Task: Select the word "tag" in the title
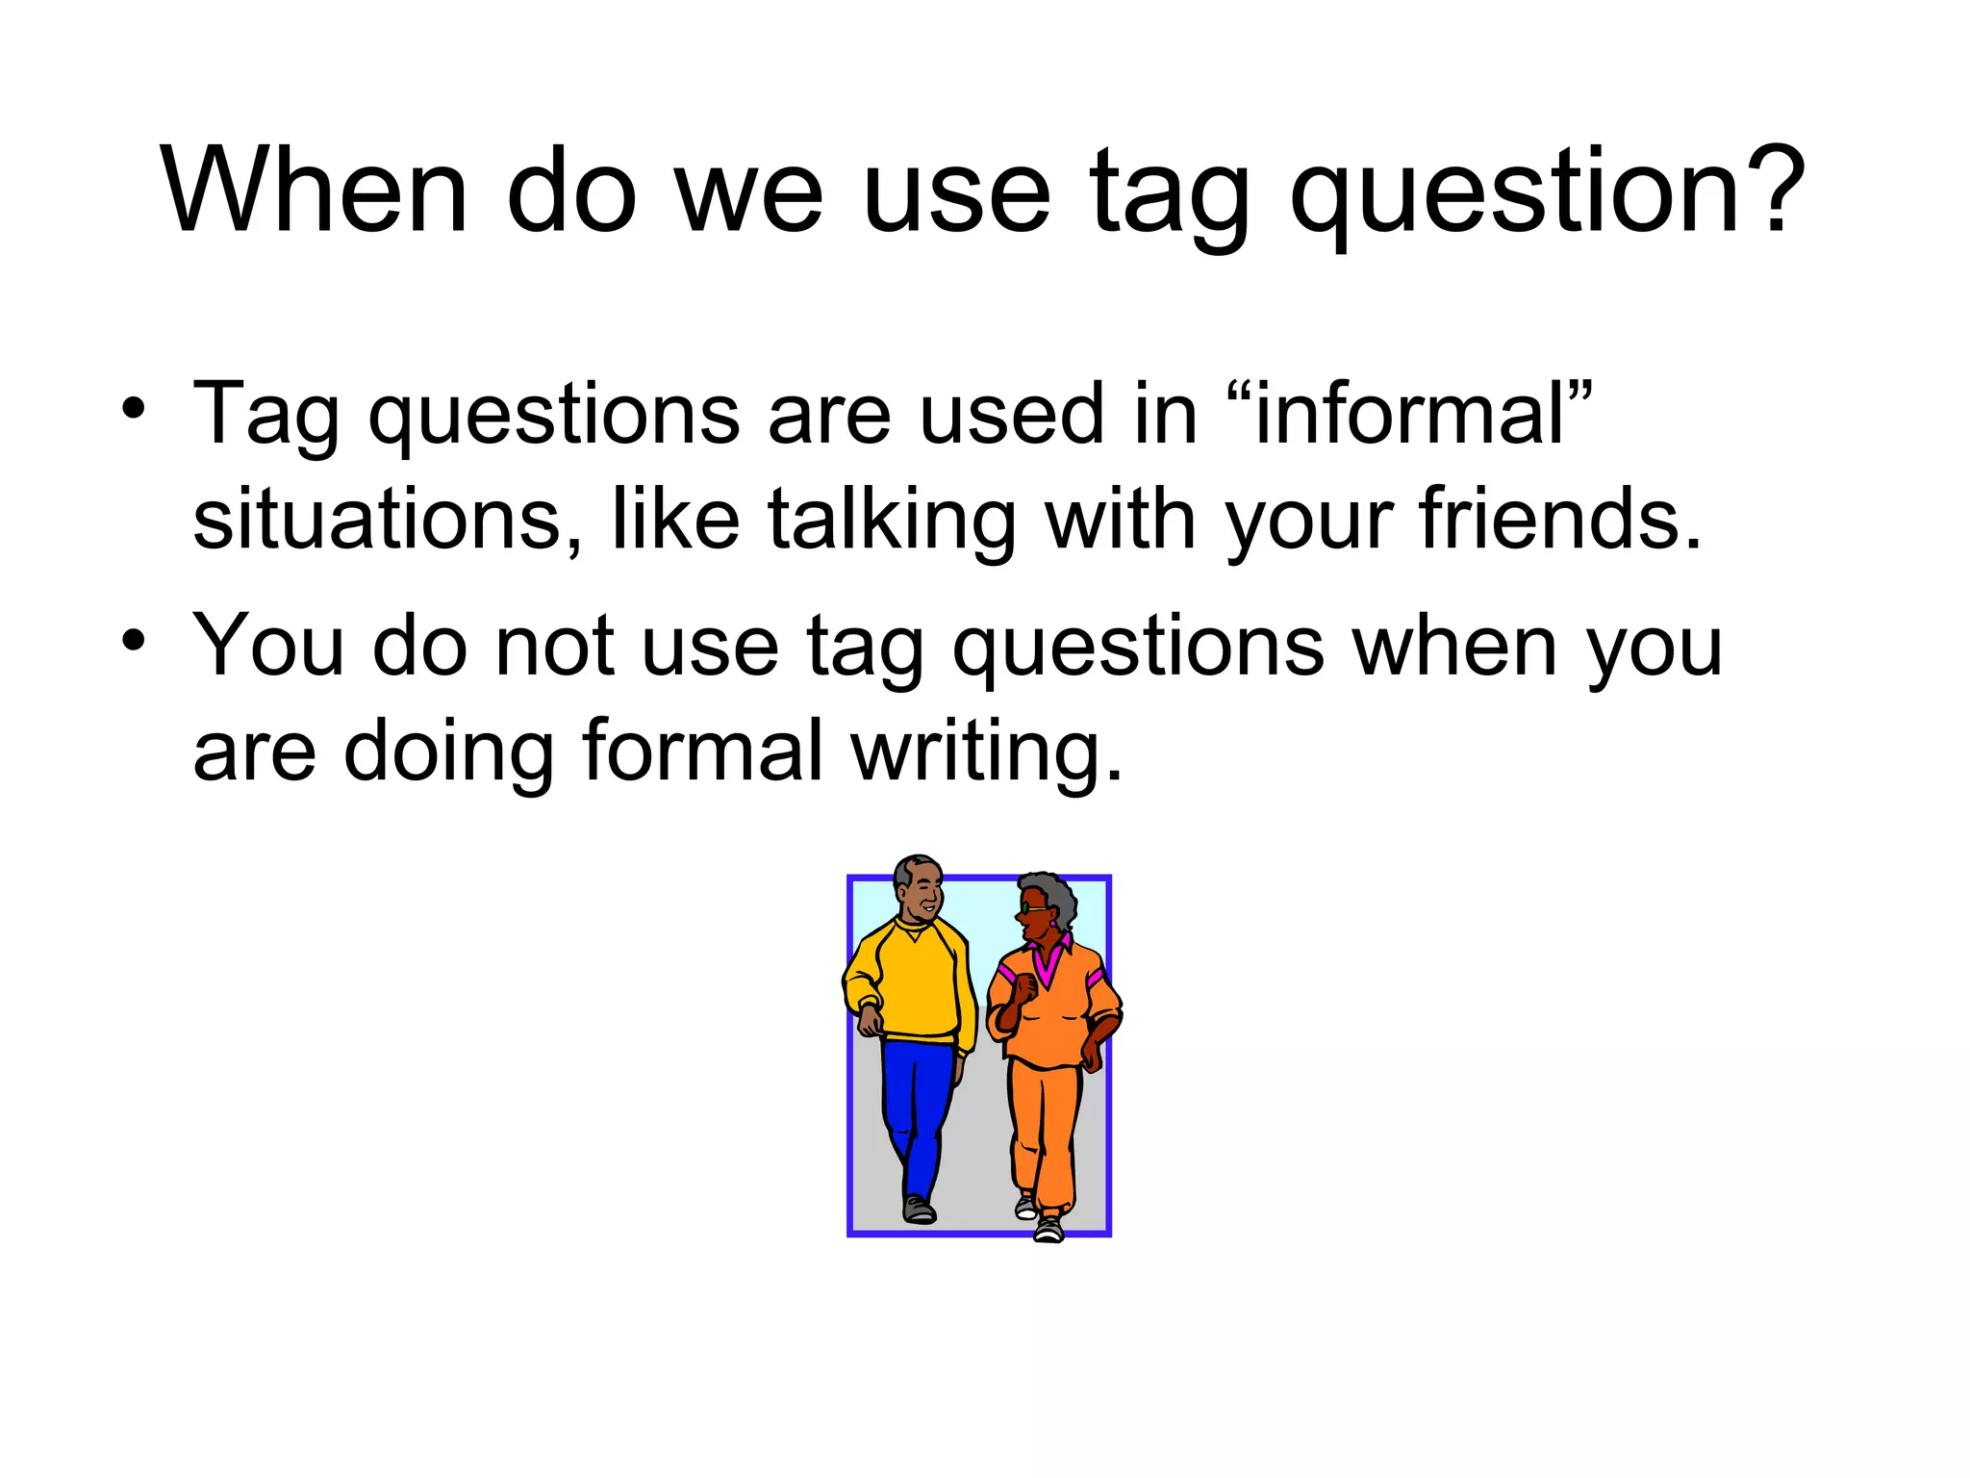pyautogui.click(x=1169, y=197)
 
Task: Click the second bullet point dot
pyautogui.click(x=134, y=640)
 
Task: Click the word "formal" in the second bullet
pyautogui.click(x=702, y=751)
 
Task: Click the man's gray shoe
pyautogui.click(x=919, y=1210)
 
